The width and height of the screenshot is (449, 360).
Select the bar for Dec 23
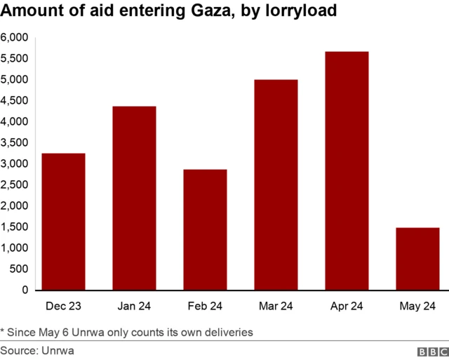tap(64, 221)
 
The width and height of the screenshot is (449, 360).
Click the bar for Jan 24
tap(135, 198)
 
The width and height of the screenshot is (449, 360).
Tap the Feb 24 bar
tap(206, 229)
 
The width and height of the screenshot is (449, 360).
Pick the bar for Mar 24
tap(276, 185)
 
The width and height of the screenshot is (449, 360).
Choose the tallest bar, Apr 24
tap(347, 171)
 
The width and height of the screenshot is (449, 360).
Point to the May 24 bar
tap(418, 258)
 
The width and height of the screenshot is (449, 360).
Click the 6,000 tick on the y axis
tap(14, 37)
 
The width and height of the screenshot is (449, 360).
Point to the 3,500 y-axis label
tap(14, 142)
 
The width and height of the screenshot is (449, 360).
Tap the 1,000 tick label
tap(14, 248)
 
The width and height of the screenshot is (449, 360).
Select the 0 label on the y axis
tap(25, 290)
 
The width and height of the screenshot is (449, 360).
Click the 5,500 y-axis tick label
tap(14, 58)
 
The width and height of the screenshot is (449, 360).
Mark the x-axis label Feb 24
tap(206, 306)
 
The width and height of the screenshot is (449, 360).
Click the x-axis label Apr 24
tap(347, 306)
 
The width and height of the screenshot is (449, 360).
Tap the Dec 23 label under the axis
tap(64, 306)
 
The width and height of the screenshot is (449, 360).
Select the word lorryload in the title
tap(297, 13)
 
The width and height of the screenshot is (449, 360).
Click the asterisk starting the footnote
tap(3, 329)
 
